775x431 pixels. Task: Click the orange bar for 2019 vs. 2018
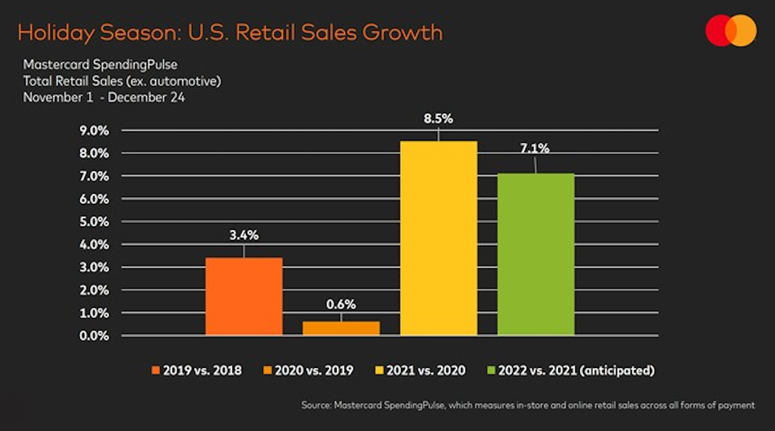point(244,296)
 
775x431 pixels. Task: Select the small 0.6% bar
point(341,328)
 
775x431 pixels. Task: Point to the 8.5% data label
point(438,119)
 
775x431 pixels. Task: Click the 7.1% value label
point(535,149)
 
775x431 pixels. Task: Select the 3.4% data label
point(244,235)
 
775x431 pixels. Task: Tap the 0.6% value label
point(341,304)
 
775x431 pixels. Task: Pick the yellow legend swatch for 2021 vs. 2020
point(378,371)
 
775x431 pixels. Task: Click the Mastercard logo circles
point(731,30)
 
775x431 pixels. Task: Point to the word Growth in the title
point(402,33)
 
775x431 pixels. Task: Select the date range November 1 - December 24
point(104,98)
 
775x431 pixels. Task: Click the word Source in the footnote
point(315,405)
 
